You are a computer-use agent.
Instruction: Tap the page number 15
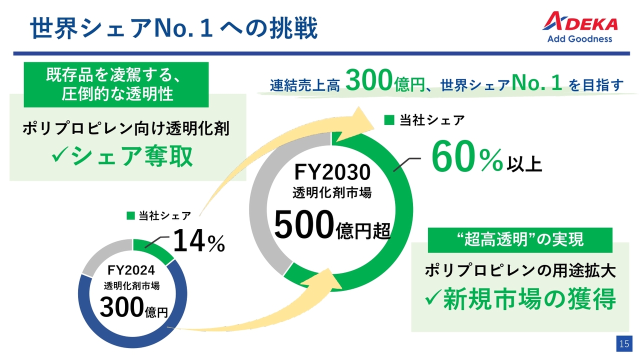(x=624, y=343)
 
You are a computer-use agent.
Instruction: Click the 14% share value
(x=199, y=241)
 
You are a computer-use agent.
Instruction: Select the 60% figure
(x=467, y=156)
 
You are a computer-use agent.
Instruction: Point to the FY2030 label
(x=332, y=172)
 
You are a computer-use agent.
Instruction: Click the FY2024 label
(x=131, y=270)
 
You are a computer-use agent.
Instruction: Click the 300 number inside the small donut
(x=121, y=307)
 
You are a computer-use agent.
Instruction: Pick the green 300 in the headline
(x=368, y=80)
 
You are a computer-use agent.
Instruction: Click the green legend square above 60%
(x=389, y=120)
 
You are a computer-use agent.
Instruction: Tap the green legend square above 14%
(x=130, y=215)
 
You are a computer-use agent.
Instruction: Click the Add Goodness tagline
(x=579, y=39)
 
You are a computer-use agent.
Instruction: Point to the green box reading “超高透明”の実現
(x=520, y=240)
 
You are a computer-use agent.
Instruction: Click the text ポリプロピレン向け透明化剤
(x=126, y=128)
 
